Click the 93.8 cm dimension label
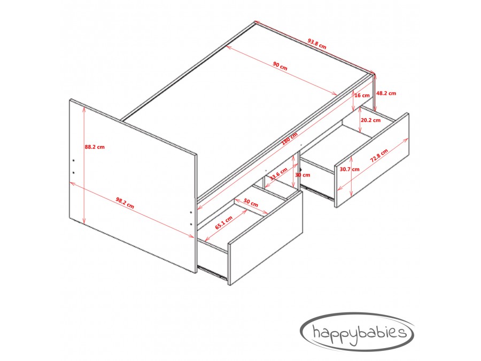[317, 44]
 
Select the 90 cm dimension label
[280, 66]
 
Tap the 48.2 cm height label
[386, 93]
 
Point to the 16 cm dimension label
[362, 95]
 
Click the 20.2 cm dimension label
[370, 120]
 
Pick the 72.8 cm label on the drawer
[379, 155]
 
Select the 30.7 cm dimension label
[350, 169]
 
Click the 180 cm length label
[290, 139]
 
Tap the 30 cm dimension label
[302, 175]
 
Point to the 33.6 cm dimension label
[278, 174]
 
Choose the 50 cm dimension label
[251, 203]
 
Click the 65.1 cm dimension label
[223, 222]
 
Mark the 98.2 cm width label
[125, 203]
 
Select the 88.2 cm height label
[95, 147]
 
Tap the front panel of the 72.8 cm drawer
[372, 160]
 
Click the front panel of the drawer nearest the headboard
[265, 238]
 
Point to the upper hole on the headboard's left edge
[74, 160]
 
